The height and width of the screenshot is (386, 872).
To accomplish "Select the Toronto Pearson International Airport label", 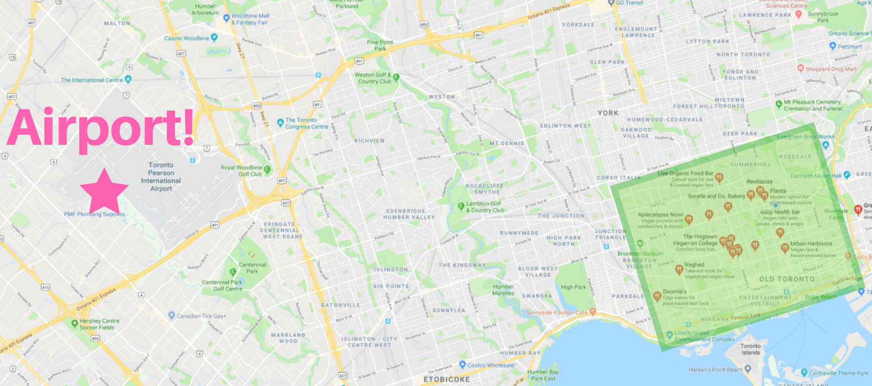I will pos(161,177).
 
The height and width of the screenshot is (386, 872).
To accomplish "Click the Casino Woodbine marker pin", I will pos(214,37).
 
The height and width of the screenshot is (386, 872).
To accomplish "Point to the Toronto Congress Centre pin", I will pos(280,122).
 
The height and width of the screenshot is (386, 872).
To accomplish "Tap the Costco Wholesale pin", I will pos(462,364).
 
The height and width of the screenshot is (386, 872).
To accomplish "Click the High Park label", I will pos(573,287).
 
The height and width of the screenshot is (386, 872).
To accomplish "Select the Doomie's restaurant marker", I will pos(657,296).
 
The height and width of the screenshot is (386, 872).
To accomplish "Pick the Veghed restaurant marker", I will pos(679,269).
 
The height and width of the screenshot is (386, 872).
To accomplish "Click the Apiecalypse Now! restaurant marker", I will pos(689,219).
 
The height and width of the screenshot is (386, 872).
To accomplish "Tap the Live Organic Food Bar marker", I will pos(719,177).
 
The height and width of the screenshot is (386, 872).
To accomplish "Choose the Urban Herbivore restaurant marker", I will pos(785,248).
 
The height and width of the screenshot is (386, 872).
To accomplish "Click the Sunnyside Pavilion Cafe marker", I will pos(592,311).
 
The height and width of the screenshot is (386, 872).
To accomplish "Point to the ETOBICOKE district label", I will pos(446,379).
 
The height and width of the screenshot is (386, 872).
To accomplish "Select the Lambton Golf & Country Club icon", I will pos(460,206).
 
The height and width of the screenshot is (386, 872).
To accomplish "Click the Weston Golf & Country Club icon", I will pos(396,77).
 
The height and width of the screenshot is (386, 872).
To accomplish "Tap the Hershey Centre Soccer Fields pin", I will pos(74,323).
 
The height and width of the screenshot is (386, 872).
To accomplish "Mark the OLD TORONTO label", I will pos(786,279).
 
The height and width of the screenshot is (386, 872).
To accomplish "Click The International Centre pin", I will pos(128,79).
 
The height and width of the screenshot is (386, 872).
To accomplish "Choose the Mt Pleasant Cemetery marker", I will pos(779,104).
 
